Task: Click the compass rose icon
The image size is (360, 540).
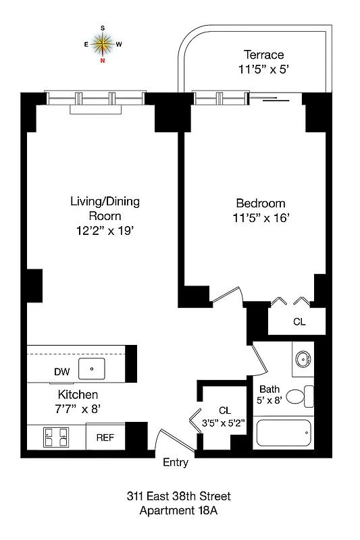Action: point(103,44)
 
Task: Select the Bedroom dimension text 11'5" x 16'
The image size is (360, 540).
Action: point(260,218)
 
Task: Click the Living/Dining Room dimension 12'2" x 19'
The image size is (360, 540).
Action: point(105,231)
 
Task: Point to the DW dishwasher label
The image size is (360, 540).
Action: point(62,371)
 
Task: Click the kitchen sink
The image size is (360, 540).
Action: point(90,369)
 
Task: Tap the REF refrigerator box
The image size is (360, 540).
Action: point(105,437)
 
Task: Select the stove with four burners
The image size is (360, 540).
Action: point(55,437)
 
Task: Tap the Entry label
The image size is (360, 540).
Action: point(176,463)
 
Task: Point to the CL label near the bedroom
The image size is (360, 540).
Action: point(299,322)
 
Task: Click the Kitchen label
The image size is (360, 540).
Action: point(78,394)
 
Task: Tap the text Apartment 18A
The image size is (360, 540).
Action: point(178,511)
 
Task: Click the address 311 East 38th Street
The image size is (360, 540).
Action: point(178,497)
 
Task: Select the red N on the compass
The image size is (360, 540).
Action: point(103,61)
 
